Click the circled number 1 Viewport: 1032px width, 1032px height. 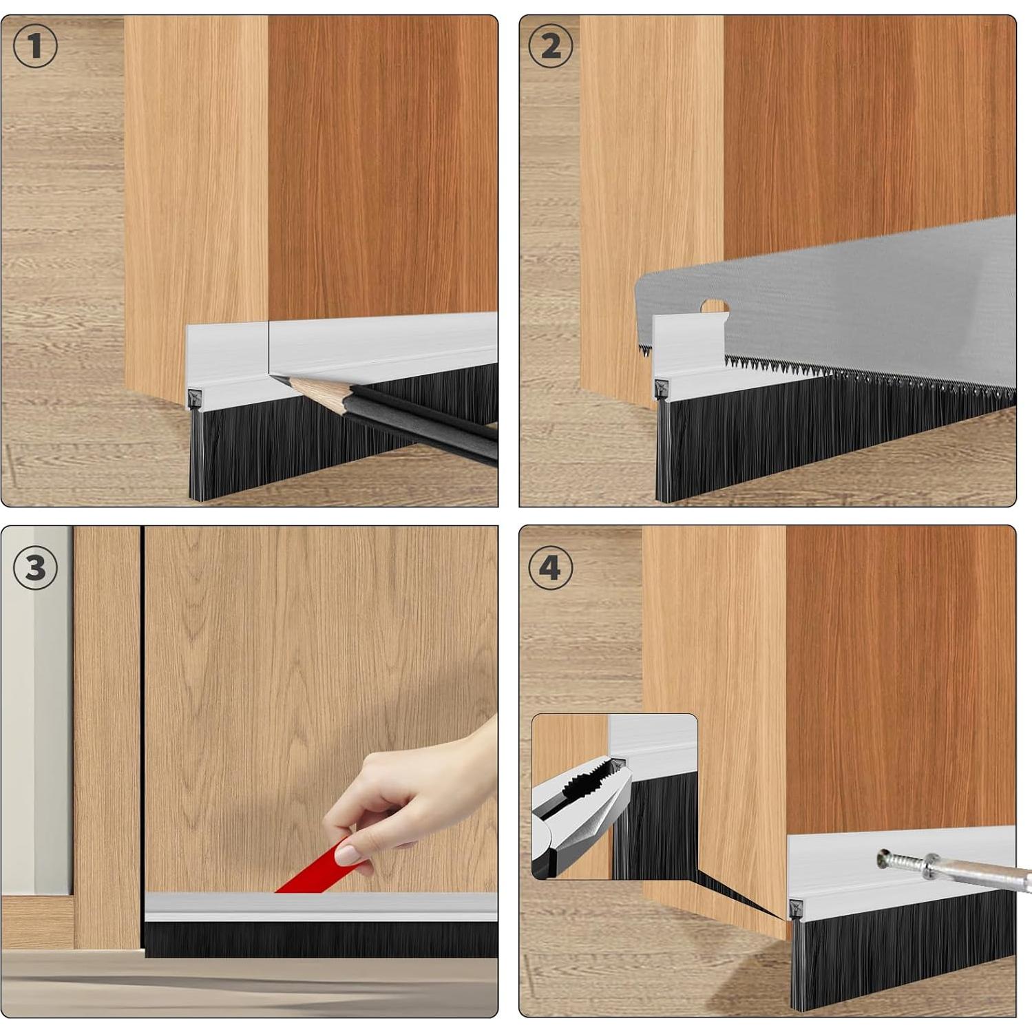pos(35,46)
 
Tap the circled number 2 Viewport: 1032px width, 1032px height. pos(550,46)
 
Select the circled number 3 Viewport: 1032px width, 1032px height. pos(35,568)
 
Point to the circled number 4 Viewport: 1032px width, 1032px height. pos(550,568)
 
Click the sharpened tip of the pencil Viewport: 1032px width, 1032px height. pos(273,376)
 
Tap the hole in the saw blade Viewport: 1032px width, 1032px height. pos(714,306)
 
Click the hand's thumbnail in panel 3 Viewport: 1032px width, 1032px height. pos(347,854)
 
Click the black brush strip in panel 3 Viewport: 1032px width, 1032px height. pos(321,939)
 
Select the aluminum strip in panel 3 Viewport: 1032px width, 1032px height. pos(321,907)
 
